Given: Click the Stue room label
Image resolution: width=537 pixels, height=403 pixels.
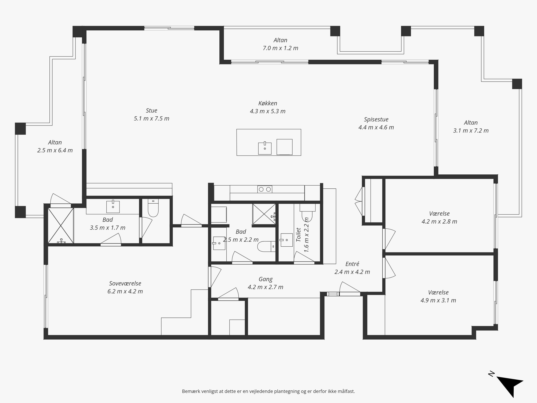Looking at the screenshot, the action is [x=151, y=110].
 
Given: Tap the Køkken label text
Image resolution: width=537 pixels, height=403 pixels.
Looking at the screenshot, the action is [x=268, y=103].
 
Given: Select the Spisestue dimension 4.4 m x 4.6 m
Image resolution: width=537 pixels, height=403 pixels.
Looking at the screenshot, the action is [x=376, y=127].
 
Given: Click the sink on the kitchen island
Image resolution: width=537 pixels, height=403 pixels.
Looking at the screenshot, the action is [x=265, y=148].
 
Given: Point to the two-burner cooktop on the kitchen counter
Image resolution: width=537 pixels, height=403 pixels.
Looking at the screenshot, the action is [x=265, y=189].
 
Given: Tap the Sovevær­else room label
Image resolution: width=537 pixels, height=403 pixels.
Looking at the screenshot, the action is [x=125, y=283].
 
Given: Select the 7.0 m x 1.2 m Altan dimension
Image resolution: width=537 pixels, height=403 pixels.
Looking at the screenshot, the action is [x=280, y=48].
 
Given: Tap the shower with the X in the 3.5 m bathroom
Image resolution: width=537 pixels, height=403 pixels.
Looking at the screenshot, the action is [x=61, y=226].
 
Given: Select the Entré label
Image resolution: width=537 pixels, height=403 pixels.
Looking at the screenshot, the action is [x=352, y=264].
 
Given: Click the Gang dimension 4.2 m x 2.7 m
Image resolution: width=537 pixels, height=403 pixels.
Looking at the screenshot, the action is [x=265, y=287].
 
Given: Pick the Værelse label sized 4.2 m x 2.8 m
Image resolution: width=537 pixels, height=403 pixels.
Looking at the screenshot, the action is [x=439, y=214].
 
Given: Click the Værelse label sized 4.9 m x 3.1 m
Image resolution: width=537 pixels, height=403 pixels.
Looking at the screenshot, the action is [x=438, y=292].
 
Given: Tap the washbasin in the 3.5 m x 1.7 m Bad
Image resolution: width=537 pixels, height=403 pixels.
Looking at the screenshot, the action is [x=113, y=206].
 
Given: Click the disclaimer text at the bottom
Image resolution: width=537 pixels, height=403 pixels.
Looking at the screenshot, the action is [x=268, y=391].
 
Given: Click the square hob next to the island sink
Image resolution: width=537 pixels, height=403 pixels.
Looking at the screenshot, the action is [x=284, y=147].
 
